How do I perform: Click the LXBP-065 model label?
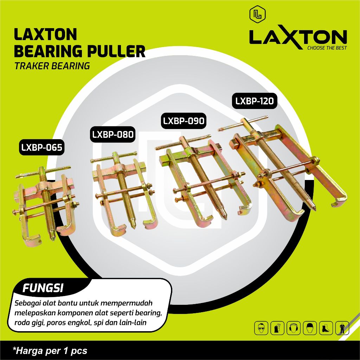coord(41,148)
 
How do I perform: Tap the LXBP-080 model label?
coord(113,135)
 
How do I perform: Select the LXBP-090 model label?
coord(183,121)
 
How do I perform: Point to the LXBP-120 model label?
coord(254,101)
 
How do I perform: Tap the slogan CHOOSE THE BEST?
coord(327,48)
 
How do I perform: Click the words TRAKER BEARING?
coord(52,66)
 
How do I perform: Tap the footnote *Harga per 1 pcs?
coord(50,351)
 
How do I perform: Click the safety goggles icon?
coord(260,328)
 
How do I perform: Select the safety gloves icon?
coord(276,328)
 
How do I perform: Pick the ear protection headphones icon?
coord(292,328)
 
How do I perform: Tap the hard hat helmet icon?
coord(309,328)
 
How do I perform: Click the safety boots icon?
coord(325,328)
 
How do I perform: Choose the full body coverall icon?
coord(341,328)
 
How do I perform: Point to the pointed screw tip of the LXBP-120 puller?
coord(314,209)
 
